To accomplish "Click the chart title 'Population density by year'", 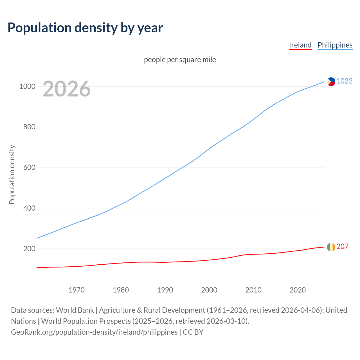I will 85,28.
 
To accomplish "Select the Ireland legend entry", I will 300,45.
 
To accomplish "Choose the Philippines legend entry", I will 335,45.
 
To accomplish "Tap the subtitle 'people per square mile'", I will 180,60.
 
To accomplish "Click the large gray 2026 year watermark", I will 67,89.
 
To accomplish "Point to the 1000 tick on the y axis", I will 27,86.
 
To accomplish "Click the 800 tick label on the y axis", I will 29,127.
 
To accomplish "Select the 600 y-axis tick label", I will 29,168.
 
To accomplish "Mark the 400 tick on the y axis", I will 29,208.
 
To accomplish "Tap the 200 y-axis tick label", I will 29,249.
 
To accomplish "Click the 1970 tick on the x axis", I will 76,290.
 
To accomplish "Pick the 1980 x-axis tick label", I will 121,290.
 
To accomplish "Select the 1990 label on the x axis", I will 165,290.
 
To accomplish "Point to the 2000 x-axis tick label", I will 209,290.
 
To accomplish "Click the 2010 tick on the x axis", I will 253,290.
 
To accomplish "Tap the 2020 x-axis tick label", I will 298,290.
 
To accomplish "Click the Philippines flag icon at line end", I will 331,82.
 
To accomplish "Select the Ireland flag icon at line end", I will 331,247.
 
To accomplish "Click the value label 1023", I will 345,81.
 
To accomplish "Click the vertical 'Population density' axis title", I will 12,174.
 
